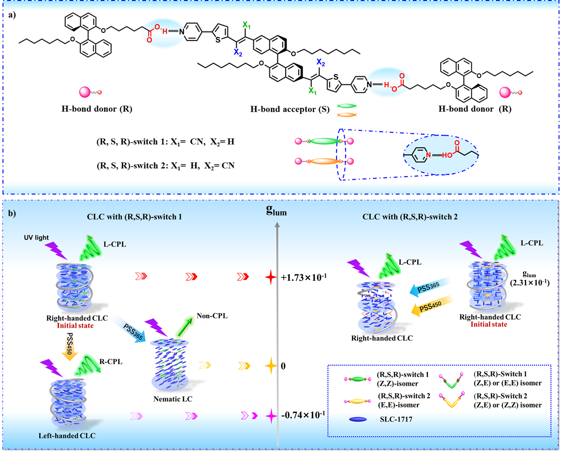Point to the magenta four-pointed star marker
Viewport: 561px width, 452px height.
[x=271, y=415]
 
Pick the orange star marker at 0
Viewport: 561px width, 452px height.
[x=271, y=366]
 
